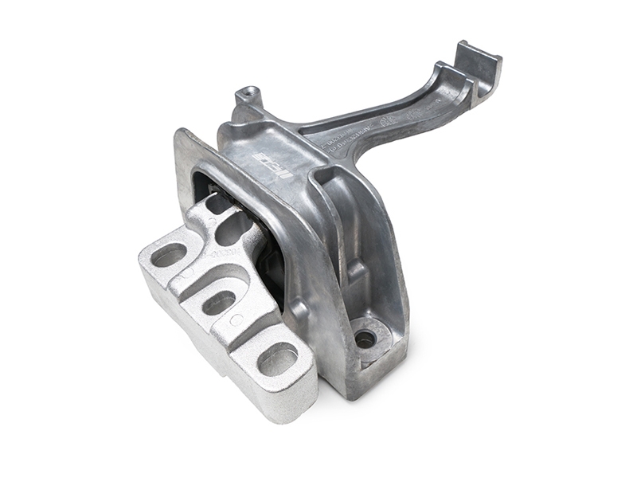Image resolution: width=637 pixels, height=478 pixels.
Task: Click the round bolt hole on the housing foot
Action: point(365,339)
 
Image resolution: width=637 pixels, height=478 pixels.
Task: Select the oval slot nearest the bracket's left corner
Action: point(169,256)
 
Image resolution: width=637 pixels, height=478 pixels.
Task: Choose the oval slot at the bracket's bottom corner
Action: point(278,358)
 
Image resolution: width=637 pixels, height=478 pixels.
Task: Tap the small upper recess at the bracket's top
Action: point(215,205)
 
